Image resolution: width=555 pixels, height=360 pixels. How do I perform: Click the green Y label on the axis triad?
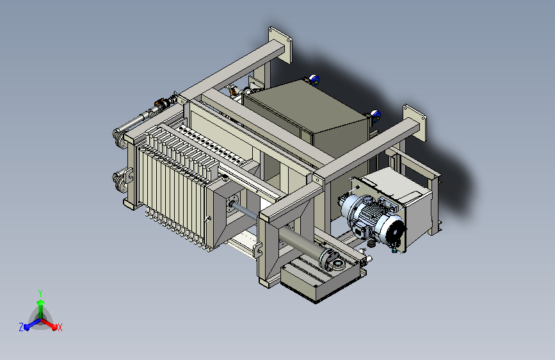pos(40,293)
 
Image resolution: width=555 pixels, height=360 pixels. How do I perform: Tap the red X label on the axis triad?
pos(60,327)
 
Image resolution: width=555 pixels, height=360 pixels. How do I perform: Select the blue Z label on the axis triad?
pos(21,327)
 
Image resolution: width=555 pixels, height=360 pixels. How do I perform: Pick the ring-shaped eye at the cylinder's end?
pos(337,264)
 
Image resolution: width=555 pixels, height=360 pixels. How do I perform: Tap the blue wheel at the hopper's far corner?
pos(314,80)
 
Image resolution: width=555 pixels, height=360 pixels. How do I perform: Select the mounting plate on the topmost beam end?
pos(280,45)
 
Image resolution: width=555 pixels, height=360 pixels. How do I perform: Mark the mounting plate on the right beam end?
pos(415,122)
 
